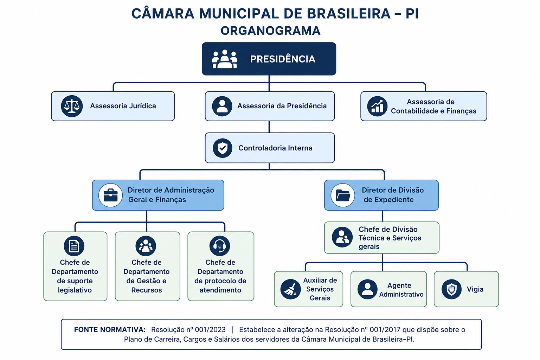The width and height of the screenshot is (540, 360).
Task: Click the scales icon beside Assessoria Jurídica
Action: pyautogui.click(x=72, y=106)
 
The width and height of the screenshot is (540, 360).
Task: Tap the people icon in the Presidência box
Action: pyautogui.click(x=224, y=59)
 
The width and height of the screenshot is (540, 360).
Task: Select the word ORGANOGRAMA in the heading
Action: pyautogui.click(x=270, y=31)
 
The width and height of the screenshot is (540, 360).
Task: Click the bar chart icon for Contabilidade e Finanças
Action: pyautogui.click(x=377, y=106)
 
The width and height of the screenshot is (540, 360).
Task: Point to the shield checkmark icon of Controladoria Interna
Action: pyautogui.click(x=223, y=148)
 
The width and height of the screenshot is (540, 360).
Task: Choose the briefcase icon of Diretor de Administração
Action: pyautogui.click(x=111, y=195)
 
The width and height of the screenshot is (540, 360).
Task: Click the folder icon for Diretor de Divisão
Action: pyautogui.click(x=343, y=195)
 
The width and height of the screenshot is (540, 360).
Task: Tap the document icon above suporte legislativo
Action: pyautogui.click(x=74, y=246)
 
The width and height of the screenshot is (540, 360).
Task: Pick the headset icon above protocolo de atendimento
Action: pyautogui.click(x=220, y=246)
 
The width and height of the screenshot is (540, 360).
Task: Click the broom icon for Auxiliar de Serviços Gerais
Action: pyautogui.click(x=290, y=289)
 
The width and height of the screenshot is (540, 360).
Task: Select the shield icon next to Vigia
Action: pyautogui.click(x=451, y=289)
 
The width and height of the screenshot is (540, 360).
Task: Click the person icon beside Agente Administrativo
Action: pyautogui.click(x=367, y=289)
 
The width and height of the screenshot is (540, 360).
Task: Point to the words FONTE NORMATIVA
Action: pyautogui.click(x=110, y=330)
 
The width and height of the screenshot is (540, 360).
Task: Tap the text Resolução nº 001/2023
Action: pyautogui.click(x=188, y=330)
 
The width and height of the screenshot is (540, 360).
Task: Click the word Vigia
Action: pyautogui.click(x=475, y=289)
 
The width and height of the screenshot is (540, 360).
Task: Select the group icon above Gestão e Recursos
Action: pyautogui.click(x=146, y=246)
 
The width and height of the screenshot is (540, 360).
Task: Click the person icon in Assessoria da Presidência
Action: pyautogui.click(x=222, y=106)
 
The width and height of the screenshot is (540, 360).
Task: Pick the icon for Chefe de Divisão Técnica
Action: pyautogui.click(x=342, y=237)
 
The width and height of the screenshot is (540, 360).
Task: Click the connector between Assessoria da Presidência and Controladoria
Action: pyautogui.click(x=269, y=127)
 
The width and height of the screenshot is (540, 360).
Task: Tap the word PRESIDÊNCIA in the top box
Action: pyautogui.click(x=283, y=59)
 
